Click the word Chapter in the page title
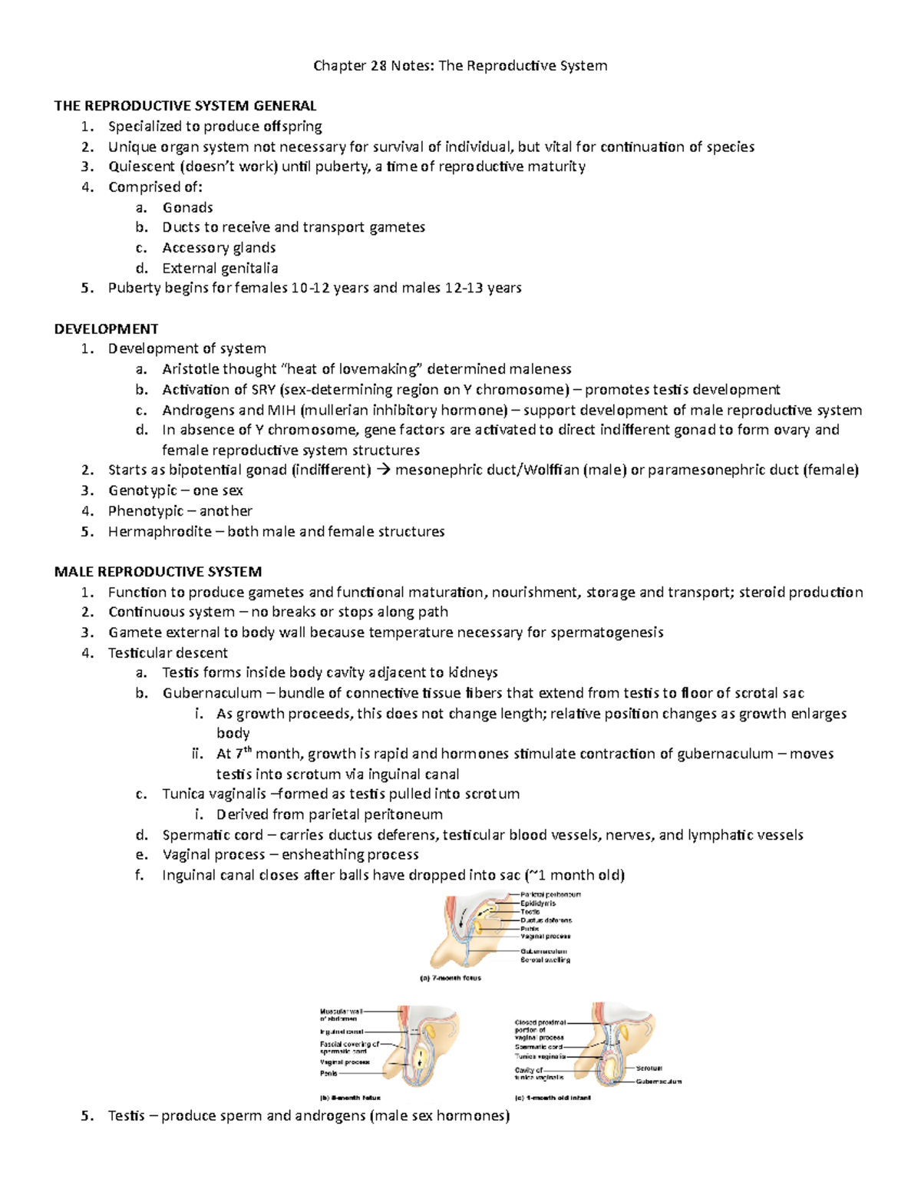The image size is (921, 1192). pos(339,66)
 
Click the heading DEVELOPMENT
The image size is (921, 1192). pos(106,329)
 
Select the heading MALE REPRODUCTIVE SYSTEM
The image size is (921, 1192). pos(157,572)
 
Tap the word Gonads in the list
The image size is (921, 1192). pos(187,208)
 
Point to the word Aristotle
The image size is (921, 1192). pos(190,370)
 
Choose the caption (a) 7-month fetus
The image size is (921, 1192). pos(450,978)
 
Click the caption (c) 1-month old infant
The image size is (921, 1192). pos(552,1098)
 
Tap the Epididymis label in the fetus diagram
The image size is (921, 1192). pos(538,903)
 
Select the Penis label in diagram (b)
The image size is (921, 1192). pos(328,1073)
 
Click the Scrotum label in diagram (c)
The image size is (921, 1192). pos(649,1068)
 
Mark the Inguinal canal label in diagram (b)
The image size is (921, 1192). pos(342,1032)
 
